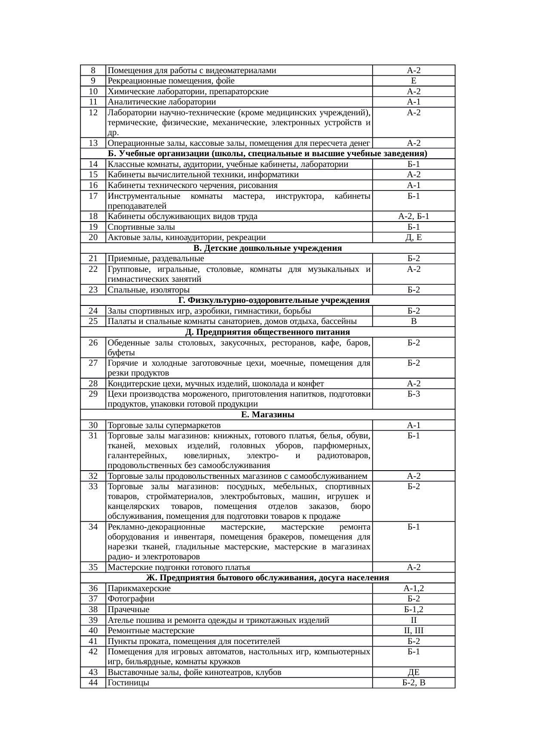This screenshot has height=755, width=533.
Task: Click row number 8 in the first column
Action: pos(93,70)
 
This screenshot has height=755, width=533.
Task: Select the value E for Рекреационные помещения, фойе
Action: pos(414,81)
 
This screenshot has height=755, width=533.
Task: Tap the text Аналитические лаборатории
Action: pos(162,102)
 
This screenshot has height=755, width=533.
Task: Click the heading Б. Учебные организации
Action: pos(267,154)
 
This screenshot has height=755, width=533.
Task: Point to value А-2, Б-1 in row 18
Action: pos(414,216)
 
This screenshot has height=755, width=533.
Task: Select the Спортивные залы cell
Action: pos(141,227)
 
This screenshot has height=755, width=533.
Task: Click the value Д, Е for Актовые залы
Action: pos(414,237)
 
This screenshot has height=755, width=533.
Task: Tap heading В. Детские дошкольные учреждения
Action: pos(267,248)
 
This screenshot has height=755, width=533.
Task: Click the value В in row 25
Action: pos(414,321)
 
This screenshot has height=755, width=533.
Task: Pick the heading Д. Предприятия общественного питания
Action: pos(267,332)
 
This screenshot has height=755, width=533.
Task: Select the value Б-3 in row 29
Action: pos(414,394)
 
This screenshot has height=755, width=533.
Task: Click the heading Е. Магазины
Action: pos(267,415)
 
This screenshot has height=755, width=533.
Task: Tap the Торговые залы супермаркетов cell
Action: pos(164,425)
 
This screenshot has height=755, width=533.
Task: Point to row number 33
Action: pos(93,487)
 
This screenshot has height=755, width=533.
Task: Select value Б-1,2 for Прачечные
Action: pos(414,610)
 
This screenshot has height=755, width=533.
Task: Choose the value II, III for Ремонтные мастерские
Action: pos(414,631)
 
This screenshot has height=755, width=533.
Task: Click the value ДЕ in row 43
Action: pos(414,672)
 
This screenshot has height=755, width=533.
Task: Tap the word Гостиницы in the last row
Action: pos(129,683)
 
